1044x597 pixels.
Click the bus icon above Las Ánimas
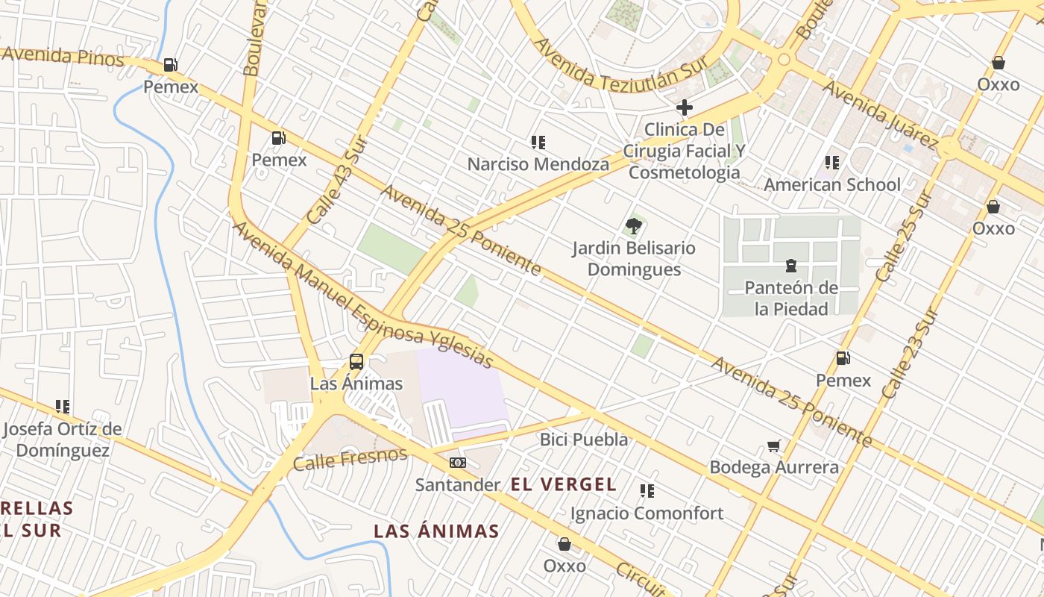[x=356, y=362]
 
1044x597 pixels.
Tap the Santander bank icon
[x=458, y=463]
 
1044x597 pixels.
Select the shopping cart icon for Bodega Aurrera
[x=774, y=446]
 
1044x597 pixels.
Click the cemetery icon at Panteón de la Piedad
[x=791, y=265]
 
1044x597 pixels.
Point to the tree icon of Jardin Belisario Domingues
[x=634, y=225]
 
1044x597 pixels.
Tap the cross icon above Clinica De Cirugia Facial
[x=684, y=107]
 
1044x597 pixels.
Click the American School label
[x=832, y=184]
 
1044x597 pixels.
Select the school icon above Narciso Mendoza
[x=538, y=142]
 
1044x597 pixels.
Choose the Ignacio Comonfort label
[x=647, y=513]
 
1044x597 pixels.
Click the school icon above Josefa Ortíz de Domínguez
[x=63, y=407]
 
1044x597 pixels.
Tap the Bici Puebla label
[x=584, y=440]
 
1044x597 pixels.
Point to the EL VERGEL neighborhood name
[x=564, y=484]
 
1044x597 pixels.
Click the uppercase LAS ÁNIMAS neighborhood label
[x=436, y=531]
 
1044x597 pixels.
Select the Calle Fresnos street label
[x=350, y=459]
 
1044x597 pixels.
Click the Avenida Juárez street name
[x=881, y=115]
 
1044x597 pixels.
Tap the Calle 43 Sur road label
[x=333, y=185]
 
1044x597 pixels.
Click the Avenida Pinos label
[x=63, y=56]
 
